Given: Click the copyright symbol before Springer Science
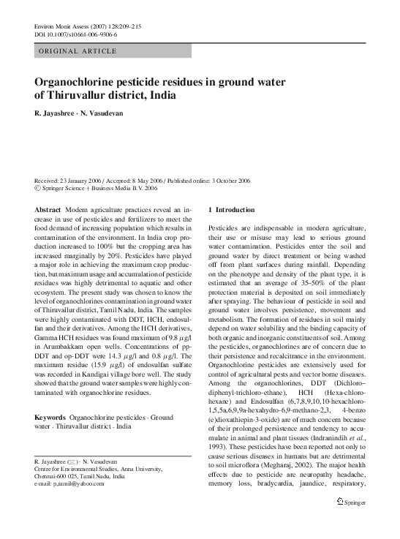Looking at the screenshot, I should tap(38, 188).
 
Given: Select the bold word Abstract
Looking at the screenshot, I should tap(48, 209).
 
